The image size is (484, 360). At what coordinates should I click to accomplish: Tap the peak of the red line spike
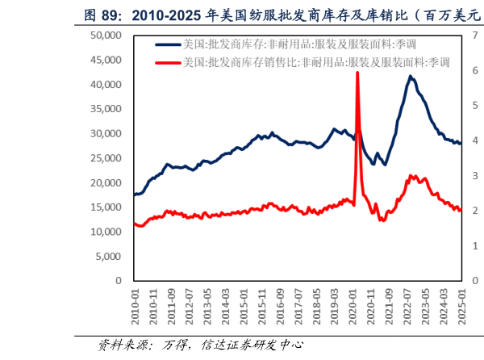357,73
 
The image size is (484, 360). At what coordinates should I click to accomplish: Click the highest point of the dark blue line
411,76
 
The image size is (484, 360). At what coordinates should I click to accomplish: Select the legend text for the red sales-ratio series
315,62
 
